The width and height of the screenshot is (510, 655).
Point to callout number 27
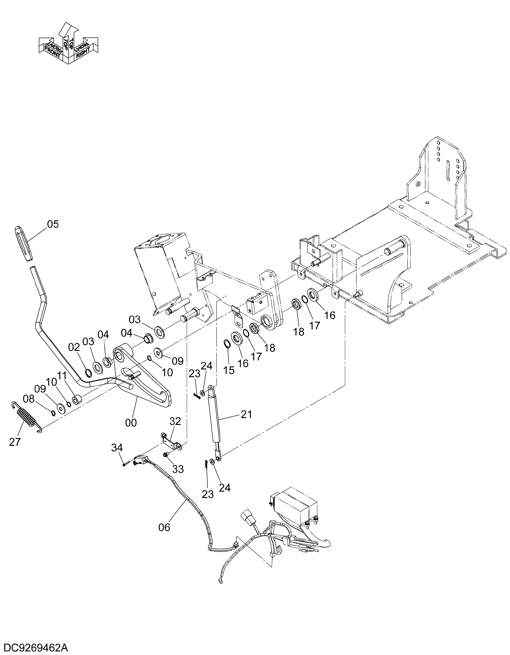coord(15,442)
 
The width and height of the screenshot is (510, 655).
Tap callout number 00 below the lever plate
coord(131,423)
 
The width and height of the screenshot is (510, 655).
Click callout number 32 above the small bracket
coord(175,421)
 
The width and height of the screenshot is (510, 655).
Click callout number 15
coord(229,370)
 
